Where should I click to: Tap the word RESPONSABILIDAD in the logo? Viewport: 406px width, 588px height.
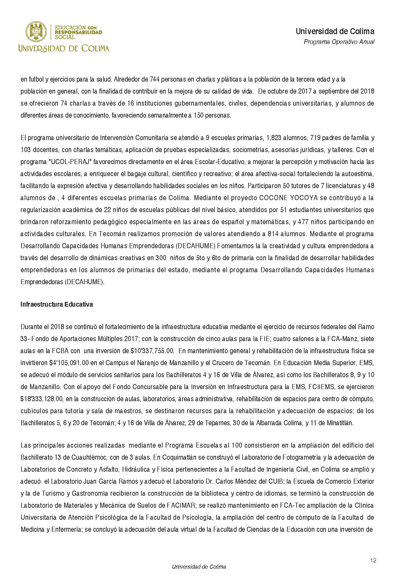coord(79,32)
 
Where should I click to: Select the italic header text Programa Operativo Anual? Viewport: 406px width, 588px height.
coord(339,42)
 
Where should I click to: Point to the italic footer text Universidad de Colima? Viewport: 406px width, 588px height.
coord(199,567)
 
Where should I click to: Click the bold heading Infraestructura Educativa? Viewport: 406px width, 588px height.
coord(57,305)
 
